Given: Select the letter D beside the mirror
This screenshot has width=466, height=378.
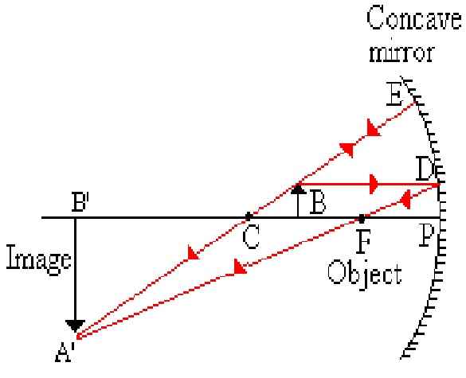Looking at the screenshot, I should [425, 170].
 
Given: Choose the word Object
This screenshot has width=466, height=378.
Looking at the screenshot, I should [366, 275].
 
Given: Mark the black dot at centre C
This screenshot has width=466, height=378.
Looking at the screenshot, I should [249, 216].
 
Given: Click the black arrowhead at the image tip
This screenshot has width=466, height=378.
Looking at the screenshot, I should [76, 325].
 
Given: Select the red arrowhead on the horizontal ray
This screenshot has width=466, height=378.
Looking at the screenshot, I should [372, 185].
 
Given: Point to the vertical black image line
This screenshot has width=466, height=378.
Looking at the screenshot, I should [76, 271].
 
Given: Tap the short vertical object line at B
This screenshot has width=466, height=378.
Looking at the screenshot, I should [298, 205].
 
